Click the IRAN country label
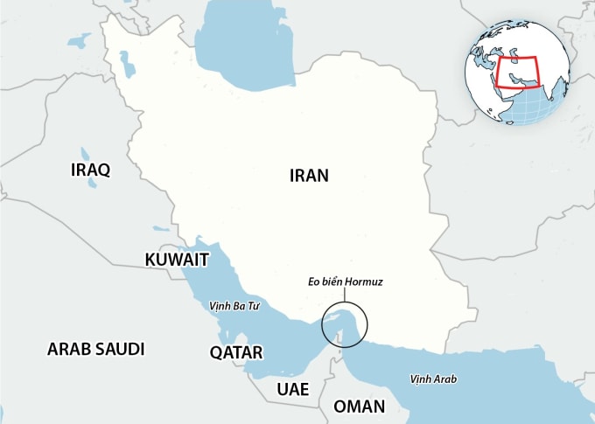[x=309, y=175]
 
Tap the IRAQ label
[x=90, y=170]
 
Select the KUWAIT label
[x=177, y=260]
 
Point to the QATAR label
[x=236, y=352]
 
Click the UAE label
[x=292, y=389]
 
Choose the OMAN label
[x=359, y=407]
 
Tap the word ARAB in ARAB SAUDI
[x=67, y=349]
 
